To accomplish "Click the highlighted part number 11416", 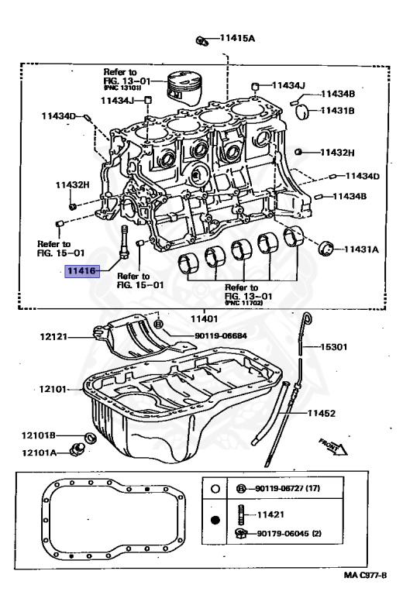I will pos(81,271).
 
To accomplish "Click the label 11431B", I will pos(339,111).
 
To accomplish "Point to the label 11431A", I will pos(361,249).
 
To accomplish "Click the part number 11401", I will pos(205,318).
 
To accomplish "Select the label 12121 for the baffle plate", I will pos(56,336).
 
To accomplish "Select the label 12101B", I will pos(39,436).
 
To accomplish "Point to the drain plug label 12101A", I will pos(39,452).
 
